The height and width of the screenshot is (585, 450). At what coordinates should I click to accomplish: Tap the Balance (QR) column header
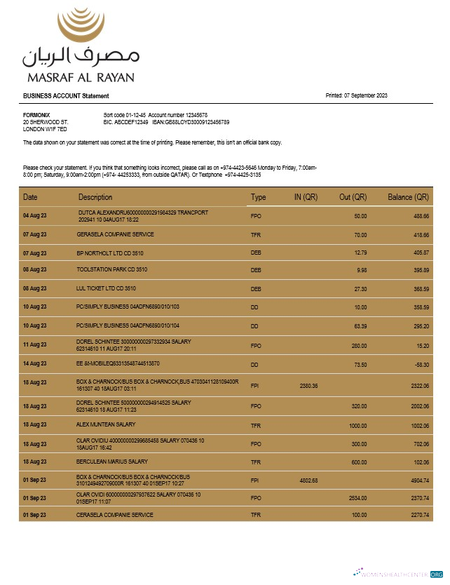point(408,197)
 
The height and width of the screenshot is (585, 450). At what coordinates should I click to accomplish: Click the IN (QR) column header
point(306,197)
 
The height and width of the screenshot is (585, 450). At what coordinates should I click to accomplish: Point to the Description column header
point(95,197)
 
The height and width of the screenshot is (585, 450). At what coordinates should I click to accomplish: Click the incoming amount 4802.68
point(308,480)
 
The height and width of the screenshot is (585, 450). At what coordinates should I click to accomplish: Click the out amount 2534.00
point(357,498)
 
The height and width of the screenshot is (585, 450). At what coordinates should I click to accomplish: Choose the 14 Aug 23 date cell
point(34,364)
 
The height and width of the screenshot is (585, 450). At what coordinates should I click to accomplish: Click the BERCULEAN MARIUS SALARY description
point(112,462)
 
